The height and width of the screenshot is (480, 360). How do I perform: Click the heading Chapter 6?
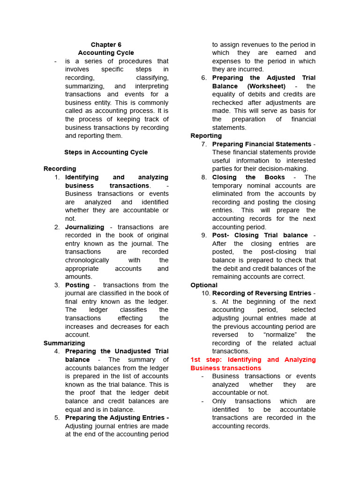coord(106,45)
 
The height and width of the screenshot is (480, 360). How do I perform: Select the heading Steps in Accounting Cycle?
coord(106,152)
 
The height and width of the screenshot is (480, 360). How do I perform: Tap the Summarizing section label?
coord(64,343)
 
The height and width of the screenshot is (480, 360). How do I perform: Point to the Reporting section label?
coord(206,136)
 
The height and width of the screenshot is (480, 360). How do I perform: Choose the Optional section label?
coord(204,285)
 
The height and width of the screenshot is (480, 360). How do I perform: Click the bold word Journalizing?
coord(84,227)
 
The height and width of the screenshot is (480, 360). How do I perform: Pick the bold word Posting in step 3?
coord(77,285)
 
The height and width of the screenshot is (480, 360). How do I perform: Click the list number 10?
coord(206,293)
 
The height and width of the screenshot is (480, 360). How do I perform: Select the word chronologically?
coord(87,260)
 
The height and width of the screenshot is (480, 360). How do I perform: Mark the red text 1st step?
coord(206,360)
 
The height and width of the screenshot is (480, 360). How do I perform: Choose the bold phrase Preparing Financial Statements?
coord(262,144)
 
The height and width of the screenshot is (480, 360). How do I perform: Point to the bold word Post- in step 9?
coord(221,235)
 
